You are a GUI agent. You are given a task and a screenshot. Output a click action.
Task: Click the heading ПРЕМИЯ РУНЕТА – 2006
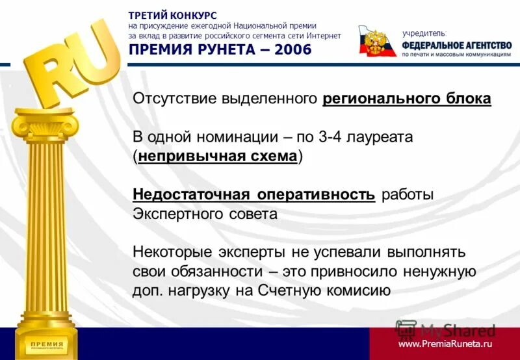click(x=220, y=50)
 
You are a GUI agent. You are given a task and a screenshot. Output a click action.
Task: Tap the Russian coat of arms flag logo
click(x=378, y=42)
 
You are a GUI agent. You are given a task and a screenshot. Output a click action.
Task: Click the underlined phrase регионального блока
click(x=406, y=99)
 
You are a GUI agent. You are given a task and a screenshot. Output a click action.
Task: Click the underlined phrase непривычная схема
click(x=218, y=157)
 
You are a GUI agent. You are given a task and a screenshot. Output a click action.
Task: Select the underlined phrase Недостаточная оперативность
click(x=253, y=195)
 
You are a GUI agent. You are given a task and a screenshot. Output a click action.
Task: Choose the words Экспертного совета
click(x=205, y=214)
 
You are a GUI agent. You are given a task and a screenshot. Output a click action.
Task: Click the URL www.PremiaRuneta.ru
click(x=445, y=343)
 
